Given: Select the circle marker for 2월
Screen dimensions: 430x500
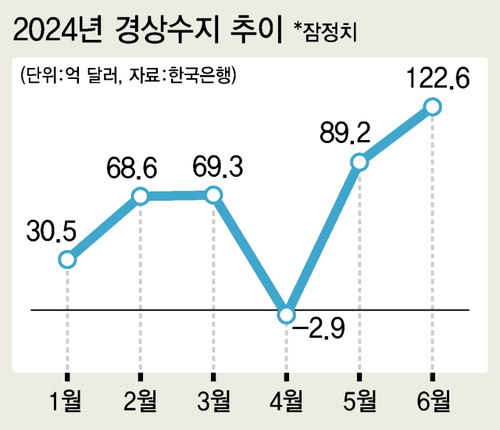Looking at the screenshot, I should (x=140, y=196).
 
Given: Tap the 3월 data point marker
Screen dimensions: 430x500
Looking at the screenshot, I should (x=213, y=195).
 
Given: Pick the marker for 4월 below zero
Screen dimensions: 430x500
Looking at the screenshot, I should (x=287, y=315).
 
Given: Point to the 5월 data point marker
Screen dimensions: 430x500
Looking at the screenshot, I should (x=359, y=162).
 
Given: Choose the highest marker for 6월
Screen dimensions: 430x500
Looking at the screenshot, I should (x=432, y=106).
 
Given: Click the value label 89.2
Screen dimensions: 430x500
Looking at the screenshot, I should (x=346, y=134).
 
